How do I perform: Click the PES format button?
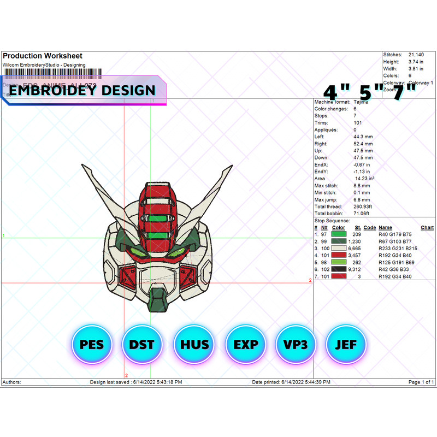(x=91, y=345)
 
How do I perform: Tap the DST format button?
(x=142, y=345)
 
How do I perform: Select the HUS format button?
(x=194, y=345)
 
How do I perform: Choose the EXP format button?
(x=245, y=345)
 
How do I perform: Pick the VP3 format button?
(x=296, y=345)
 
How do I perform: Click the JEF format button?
(x=345, y=345)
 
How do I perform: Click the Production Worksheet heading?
(x=43, y=56)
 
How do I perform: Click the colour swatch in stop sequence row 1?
(x=338, y=234)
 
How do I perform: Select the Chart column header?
(x=427, y=227)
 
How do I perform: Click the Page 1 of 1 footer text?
(x=421, y=382)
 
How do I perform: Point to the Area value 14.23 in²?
(x=364, y=179)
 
